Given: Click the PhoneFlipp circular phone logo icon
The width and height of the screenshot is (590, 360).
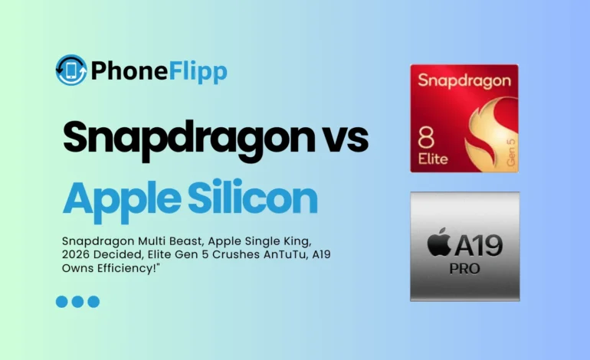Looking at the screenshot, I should click(71, 70).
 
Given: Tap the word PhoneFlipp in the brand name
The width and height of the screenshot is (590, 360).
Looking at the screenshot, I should click(159, 71).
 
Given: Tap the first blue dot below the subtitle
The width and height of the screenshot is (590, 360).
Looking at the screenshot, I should click(62, 302).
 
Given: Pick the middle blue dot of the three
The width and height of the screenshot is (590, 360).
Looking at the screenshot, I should click(78, 302).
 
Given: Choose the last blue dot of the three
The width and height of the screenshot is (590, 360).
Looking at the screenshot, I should click(93, 302).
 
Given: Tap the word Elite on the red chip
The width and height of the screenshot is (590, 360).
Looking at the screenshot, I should click(432, 159).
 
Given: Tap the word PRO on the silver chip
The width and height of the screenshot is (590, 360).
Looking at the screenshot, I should click(464, 269).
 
